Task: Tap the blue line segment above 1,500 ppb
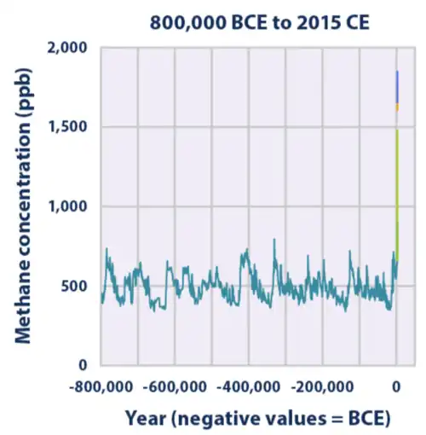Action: pos(397,85)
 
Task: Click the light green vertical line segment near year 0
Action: pos(397,171)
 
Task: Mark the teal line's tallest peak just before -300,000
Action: pos(273,241)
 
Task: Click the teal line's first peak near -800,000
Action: pos(106,250)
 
